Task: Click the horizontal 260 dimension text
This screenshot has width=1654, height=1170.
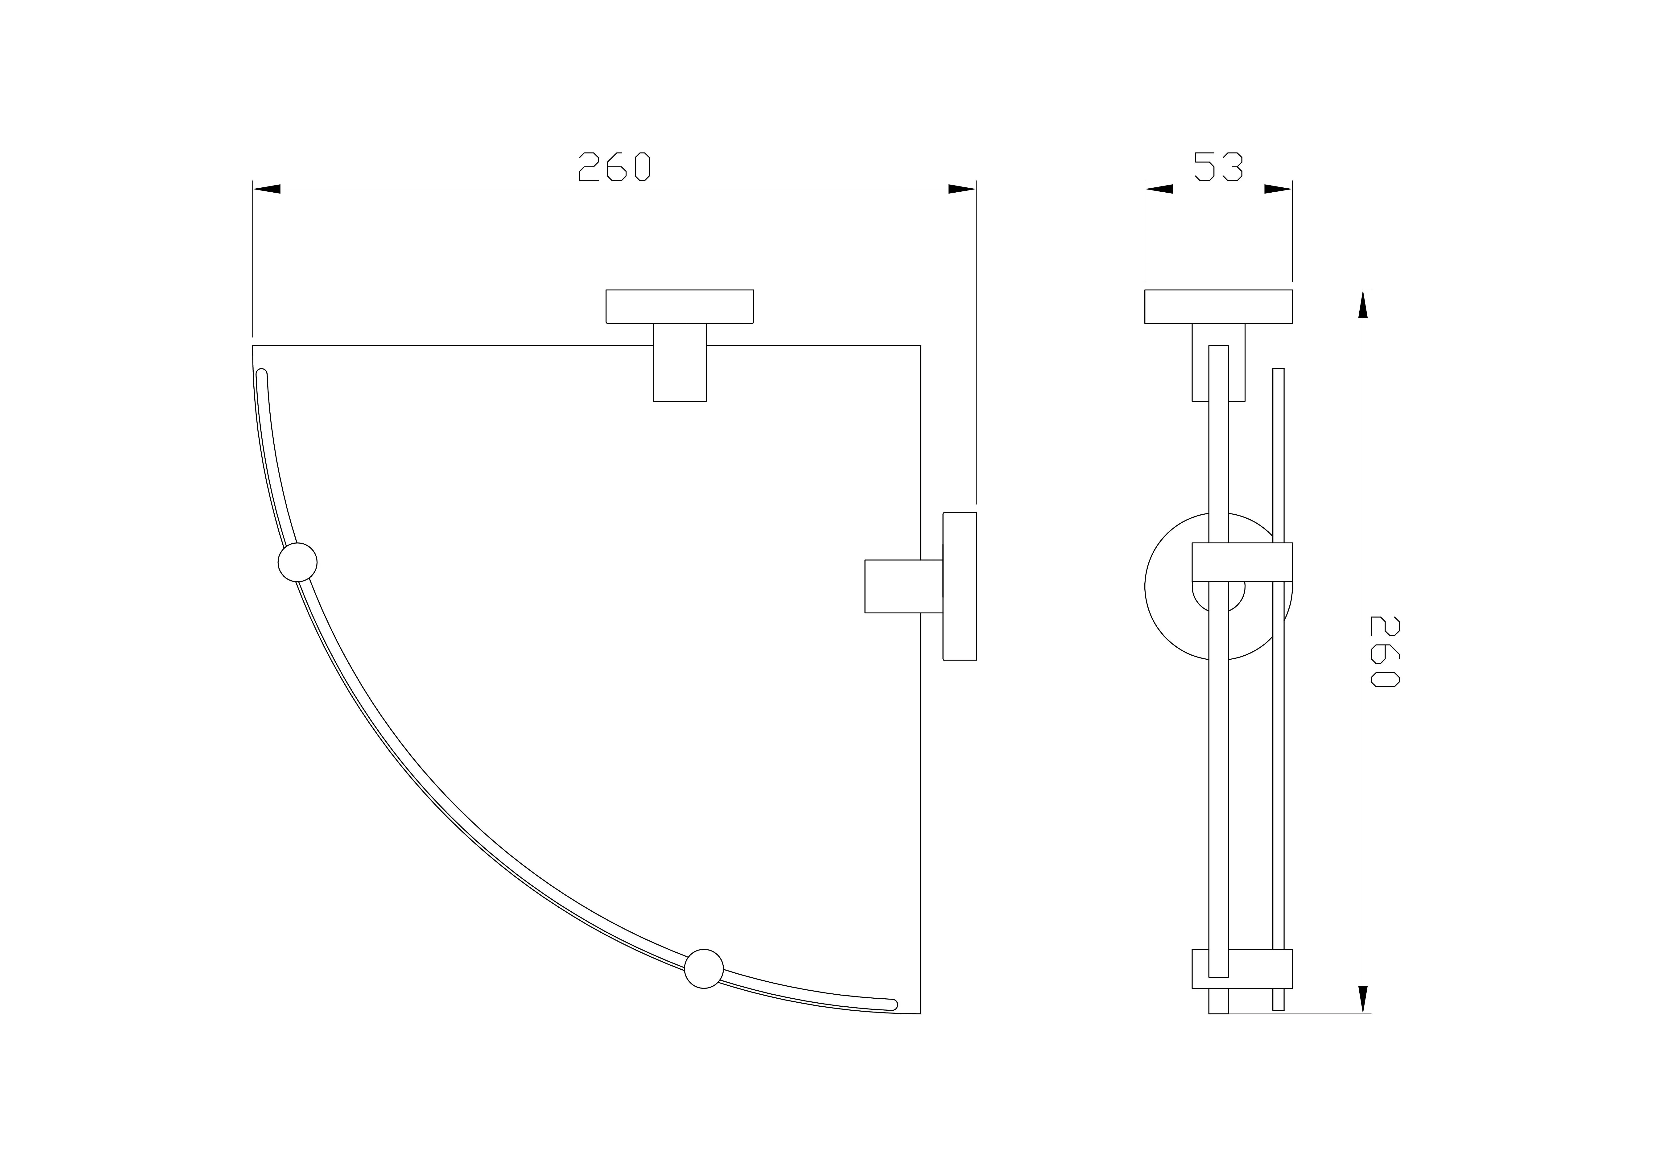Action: point(615,166)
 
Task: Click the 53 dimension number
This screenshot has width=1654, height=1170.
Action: point(1218,166)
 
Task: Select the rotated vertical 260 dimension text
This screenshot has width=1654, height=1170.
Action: point(1385,651)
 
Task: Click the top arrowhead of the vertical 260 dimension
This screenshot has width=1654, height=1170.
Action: point(1363,304)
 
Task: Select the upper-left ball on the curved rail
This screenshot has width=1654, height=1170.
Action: point(297,562)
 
